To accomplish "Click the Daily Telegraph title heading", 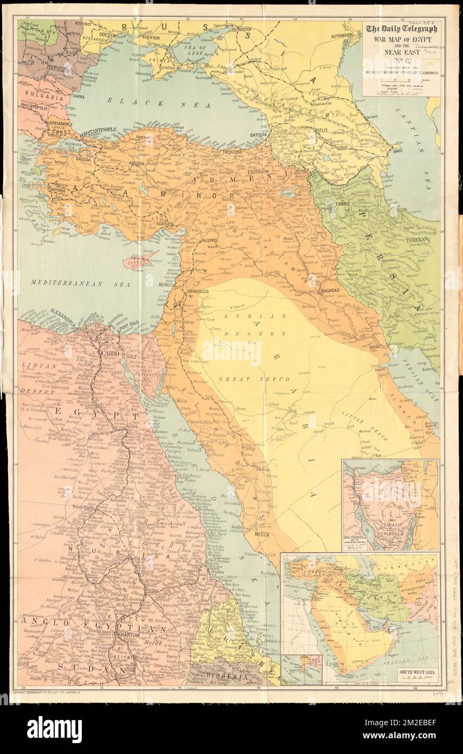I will [x=402, y=30].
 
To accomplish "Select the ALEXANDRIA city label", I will [x=63, y=313].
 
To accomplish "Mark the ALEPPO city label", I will [x=209, y=239].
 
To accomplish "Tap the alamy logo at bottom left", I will [x=55, y=729].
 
